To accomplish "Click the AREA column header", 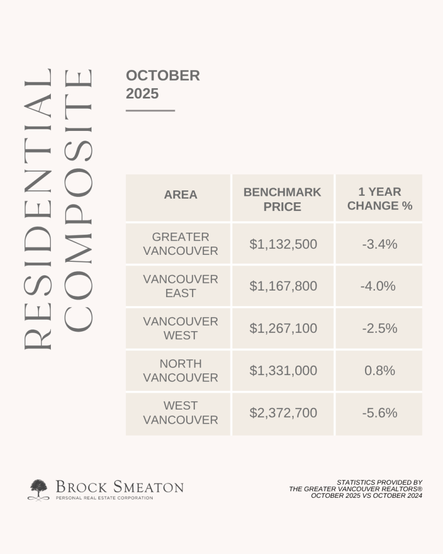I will (x=181, y=195).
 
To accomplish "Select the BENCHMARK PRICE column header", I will (x=282, y=199).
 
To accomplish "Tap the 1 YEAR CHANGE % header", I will (x=379, y=199).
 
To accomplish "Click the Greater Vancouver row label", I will (x=181, y=244).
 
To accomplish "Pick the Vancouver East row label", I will (x=181, y=286).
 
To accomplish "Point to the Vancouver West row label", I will (x=181, y=328).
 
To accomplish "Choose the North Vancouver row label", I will (x=181, y=371).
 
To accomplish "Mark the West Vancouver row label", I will (x=181, y=413).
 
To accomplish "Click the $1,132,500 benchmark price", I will (x=283, y=245).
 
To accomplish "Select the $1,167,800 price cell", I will (x=283, y=286).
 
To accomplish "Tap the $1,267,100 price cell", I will (x=283, y=328).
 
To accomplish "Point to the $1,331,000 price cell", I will (x=283, y=371).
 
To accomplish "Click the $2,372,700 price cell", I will (x=283, y=413).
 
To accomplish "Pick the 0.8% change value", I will (x=380, y=371).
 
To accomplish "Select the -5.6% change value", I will (x=380, y=413).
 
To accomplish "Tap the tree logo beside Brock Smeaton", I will (x=38, y=489).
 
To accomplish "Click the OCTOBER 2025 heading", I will (x=162, y=84).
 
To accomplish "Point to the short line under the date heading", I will (x=150, y=110).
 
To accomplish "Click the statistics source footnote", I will (x=355, y=489).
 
